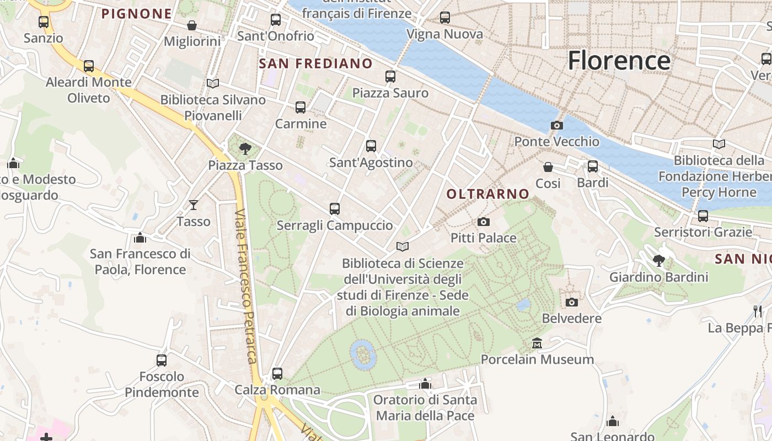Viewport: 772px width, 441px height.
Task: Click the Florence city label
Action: point(619,60)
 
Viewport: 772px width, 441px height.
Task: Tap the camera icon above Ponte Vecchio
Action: point(557,125)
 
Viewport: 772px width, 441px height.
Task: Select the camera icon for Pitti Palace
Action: point(484,222)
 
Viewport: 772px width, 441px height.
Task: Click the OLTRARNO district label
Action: point(488,194)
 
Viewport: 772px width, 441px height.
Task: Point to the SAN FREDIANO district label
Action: point(316,63)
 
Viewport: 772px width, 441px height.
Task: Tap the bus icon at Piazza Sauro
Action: point(390,77)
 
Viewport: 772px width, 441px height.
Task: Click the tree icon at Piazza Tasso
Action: point(245,148)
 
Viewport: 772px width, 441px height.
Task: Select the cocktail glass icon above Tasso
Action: point(194,205)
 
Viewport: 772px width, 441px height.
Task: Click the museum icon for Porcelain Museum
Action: point(537,343)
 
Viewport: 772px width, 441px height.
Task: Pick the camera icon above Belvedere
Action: point(572,302)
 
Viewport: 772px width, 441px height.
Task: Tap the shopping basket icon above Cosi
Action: point(548,166)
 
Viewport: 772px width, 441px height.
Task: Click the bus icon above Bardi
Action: point(593,166)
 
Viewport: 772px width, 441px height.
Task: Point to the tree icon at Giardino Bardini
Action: point(658,260)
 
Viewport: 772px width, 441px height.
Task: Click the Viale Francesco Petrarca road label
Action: point(246,286)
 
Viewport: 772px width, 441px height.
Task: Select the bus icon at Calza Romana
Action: point(277,373)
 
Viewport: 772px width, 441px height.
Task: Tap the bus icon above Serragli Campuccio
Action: point(335,209)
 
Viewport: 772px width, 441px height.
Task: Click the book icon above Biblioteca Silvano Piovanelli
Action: point(213,83)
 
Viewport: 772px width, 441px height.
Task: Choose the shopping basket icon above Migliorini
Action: point(192,25)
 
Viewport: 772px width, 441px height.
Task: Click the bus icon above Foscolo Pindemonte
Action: point(162,361)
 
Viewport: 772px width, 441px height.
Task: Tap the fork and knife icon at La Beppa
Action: point(758,311)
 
